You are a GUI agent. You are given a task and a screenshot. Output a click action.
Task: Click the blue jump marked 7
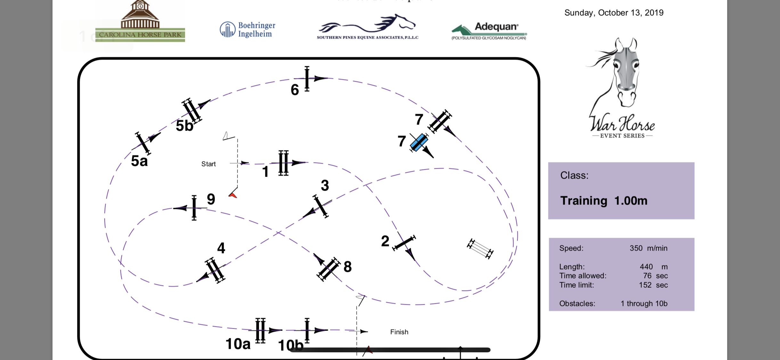click(x=419, y=142)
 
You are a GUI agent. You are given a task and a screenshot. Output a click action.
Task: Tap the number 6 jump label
click(x=295, y=90)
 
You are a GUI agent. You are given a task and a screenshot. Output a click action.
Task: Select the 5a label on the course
click(x=139, y=161)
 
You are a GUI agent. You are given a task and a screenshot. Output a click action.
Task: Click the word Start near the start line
click(x=208, y=164)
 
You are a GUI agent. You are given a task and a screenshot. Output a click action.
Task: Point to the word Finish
click(x=399, y=332)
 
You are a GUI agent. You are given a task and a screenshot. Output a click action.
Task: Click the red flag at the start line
click(x=233, y=195)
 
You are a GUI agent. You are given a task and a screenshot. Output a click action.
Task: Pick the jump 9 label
click(x=211, y=199)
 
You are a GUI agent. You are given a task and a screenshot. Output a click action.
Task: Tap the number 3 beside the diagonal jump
click(x=325, y=186)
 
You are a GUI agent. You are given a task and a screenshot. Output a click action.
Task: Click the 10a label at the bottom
click(x=238, y=344)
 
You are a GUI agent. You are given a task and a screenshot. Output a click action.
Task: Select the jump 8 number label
click(x=347, y=267)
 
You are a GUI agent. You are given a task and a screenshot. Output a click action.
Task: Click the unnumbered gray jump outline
click(x=480, y=249)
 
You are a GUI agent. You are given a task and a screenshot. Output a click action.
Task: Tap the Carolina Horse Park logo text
click(x=140, y=35)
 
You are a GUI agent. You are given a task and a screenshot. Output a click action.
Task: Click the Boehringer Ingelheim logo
click(x=248, y=29)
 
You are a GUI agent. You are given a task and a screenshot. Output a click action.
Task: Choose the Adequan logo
click(x=489, y=30)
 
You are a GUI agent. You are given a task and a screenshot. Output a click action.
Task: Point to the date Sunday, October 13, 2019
click(x=613, y=13)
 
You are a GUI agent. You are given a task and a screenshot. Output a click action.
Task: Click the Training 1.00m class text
click(x=604, y=201)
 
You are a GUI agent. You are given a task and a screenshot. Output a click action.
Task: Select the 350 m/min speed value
click(x=648, y=248)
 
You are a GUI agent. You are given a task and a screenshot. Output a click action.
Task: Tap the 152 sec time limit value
click(x=653, y=285)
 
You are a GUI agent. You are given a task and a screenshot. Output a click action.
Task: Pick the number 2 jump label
click(x=385, y=241)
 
